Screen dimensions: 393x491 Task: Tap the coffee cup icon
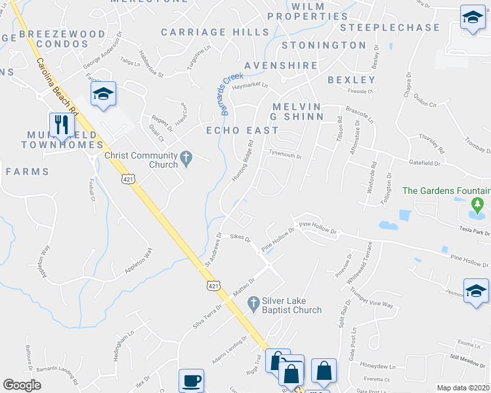click(191, 380)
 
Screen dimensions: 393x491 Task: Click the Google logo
click(22, 385)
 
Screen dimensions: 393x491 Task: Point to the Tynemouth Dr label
click(286, 157)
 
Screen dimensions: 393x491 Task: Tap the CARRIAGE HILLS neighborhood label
click(206, 31)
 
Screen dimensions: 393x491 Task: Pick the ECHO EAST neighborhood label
click(243, 130)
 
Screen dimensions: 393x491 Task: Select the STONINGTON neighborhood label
click(324, 45)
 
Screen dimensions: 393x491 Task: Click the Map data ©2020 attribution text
click(463, 388)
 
